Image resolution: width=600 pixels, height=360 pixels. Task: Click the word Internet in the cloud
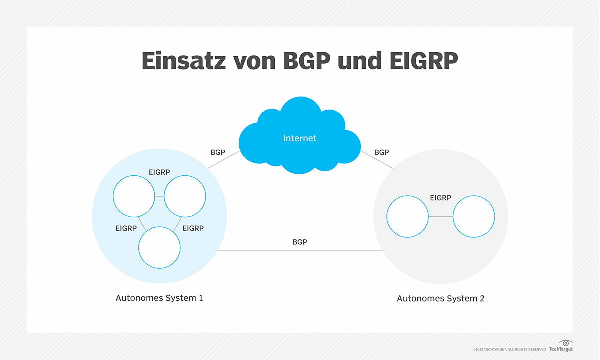point(300,138)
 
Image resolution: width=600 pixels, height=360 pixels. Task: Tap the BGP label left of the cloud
point(218,152)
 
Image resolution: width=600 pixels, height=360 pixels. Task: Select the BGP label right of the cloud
point(381,152)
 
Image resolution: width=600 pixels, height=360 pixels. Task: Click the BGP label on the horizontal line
point(300,242)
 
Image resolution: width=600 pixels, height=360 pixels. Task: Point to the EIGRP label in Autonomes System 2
point(440,198)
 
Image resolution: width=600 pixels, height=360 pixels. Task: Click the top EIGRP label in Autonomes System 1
point(159,172)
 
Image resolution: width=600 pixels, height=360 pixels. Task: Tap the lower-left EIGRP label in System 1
point(126,228)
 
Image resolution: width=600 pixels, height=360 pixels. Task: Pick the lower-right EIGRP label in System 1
point(193,228)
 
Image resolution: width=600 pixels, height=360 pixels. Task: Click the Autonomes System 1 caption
point(159,298)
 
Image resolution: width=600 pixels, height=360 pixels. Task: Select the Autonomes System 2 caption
point(440,299)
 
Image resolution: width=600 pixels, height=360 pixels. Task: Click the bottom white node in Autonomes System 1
point(159,248)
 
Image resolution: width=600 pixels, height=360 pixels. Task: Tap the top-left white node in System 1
point(134,196)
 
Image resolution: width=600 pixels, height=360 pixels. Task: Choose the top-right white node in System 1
point(185,196)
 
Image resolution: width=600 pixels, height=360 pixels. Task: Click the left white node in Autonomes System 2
point(408,217)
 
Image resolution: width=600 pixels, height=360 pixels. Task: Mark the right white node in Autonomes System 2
point(474,217)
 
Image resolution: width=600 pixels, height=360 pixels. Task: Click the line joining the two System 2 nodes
point(441,217)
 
